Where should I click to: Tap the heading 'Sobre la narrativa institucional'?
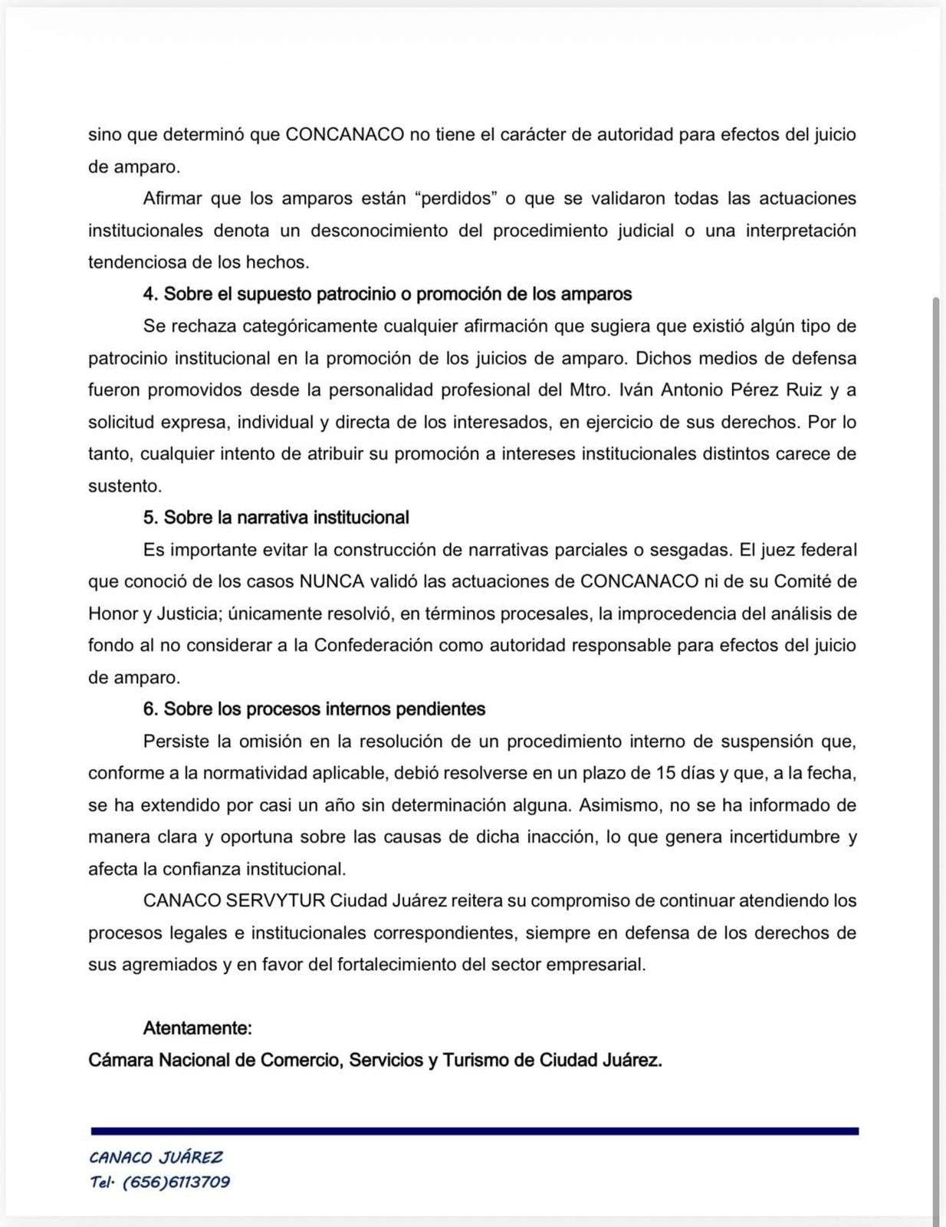point(286,518)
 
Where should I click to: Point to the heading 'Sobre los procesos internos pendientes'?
point(324,709)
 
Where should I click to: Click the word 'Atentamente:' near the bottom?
point(197,1028)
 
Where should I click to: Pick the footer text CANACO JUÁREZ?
point(156,1157)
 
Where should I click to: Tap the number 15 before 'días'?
point(666,773)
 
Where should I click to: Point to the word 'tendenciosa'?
point(138,262)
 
